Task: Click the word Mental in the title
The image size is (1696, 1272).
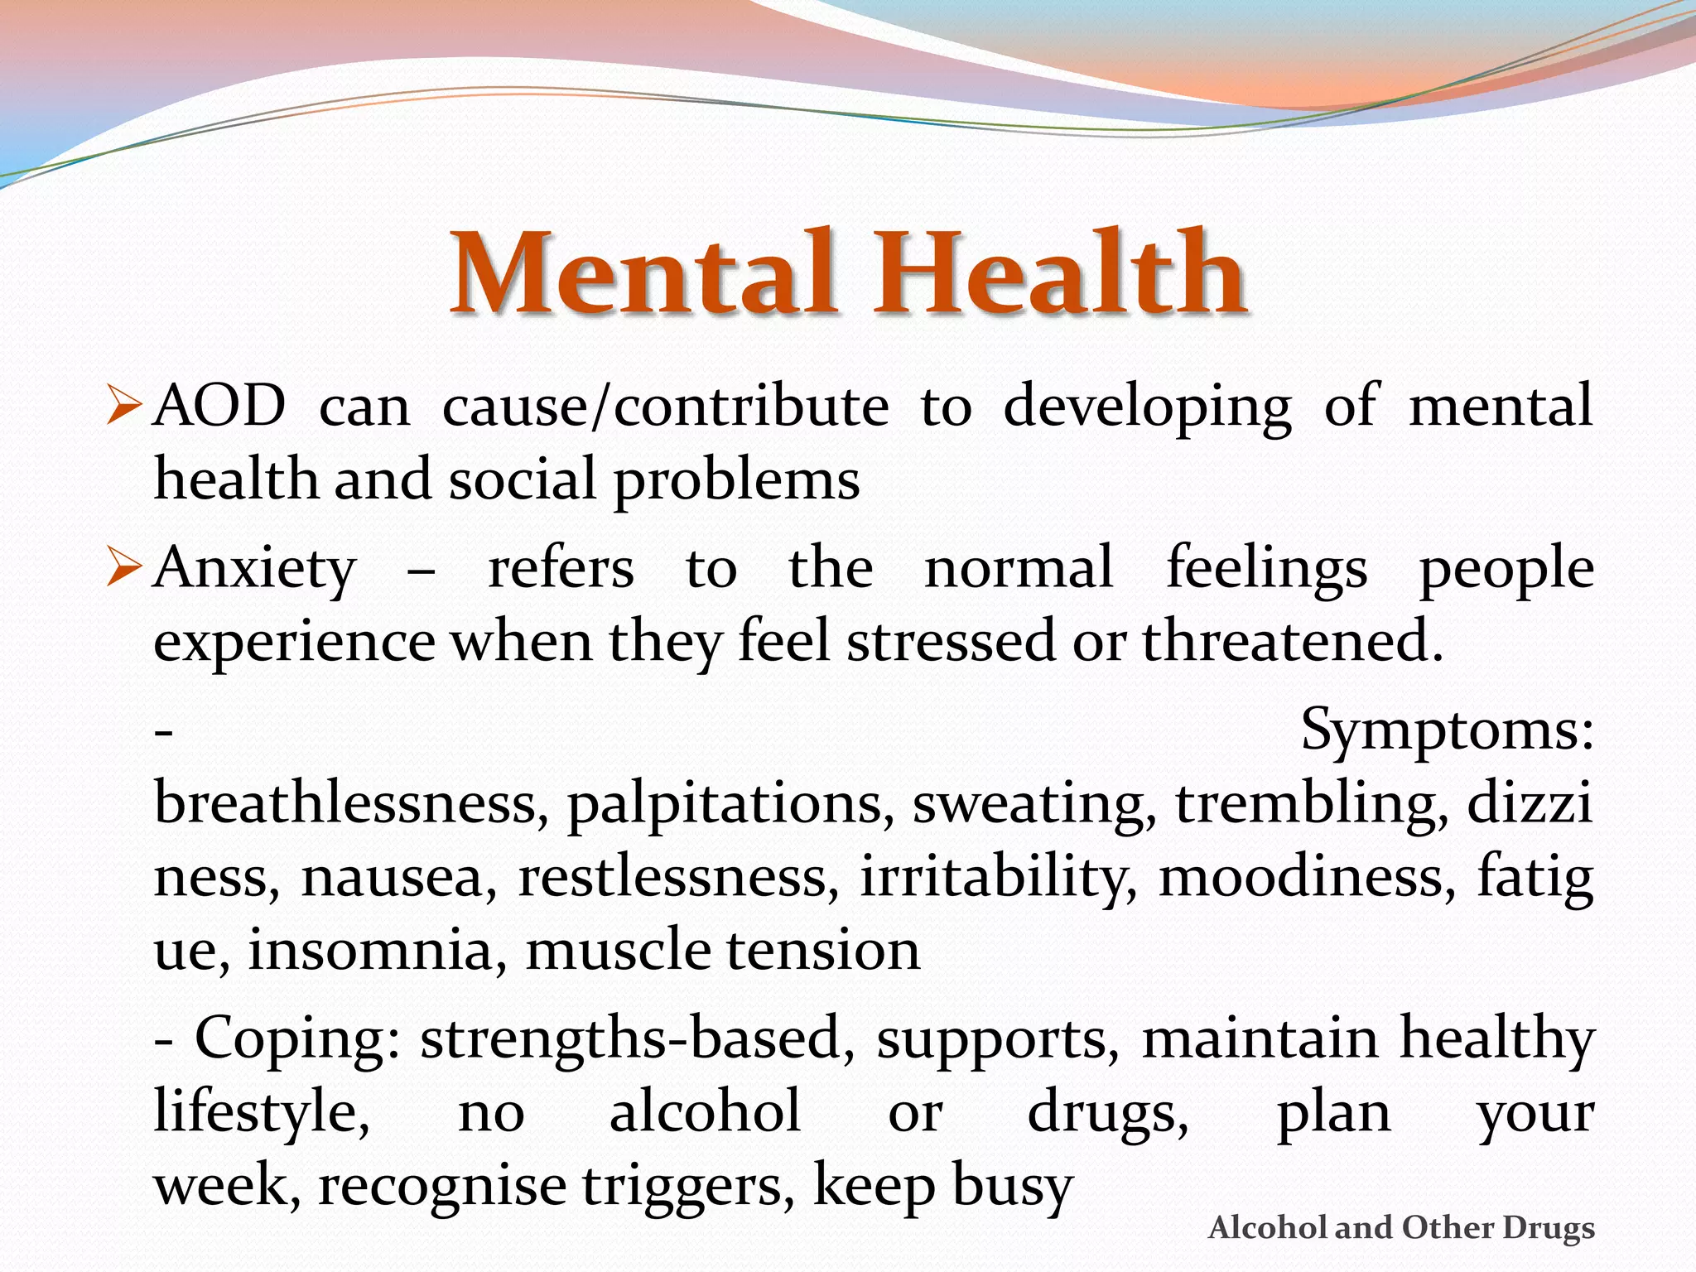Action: [x=642, y=273]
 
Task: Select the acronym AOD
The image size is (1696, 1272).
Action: [x=219, y=406]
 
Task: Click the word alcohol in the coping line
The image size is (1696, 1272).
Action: [x=705, y=1112]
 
